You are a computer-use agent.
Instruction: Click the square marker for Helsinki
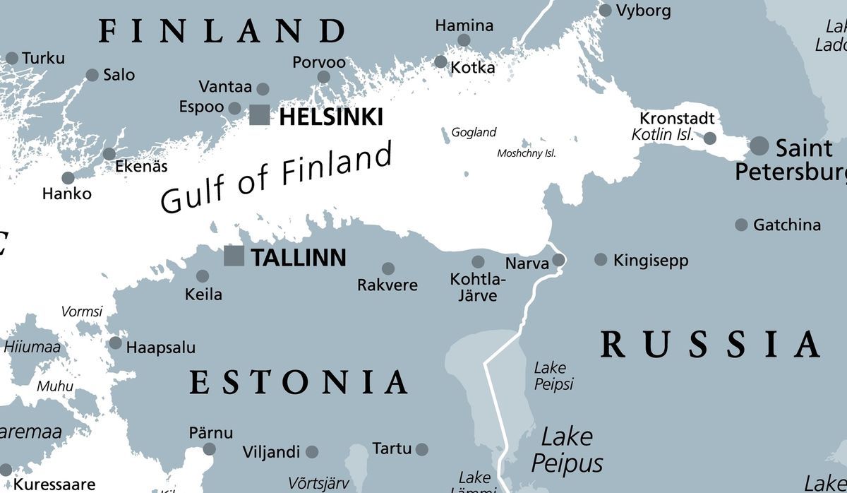pyautogui.click(x=260, y=115)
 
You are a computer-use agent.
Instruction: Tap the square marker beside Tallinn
pyautogui.click(x=234, y=256)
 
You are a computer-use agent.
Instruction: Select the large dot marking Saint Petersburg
pyautogui.click(x=759, y=146)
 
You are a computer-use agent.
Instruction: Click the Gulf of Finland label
pyautogui.click(x=275, y=177)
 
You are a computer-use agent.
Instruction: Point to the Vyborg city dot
pyautogui.click(x=605, y=11)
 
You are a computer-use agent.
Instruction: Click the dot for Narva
pyautogui.click(x=558, y=260)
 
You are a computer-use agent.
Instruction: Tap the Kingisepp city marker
pyautogui.click(x=601, y=260)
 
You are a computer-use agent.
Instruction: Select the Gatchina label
pyautogui.click(x=786, y=225)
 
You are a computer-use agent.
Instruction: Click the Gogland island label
pyautogui.click(x=474, y=132)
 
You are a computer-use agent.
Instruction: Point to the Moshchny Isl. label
pyautogui.click(x=526, y=153)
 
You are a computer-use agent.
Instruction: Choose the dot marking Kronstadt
pyautogui.click(x=710, y=138)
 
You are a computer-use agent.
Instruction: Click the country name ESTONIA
pyautogui.click(x=298, y=382)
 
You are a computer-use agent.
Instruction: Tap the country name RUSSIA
pyautogui.click(x=709, y=345)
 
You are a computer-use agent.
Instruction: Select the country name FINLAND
pyautogui.click(x=222, y=31)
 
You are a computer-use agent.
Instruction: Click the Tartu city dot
pyautogui.click(x=421, y=449)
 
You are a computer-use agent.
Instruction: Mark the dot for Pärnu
pyautogui.click(x=209, y=449)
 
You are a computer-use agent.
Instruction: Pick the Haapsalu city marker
pyautogui.click(x=115, y=343)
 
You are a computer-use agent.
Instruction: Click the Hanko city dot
pyautogui.click(x=68, y=178)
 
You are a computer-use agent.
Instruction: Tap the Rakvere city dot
pyautogui.click(x=388, y=268)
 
